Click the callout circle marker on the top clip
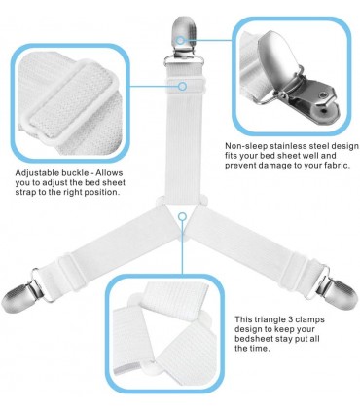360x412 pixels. [x=180, y=40]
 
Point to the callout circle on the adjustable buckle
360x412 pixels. [x=183, y=86]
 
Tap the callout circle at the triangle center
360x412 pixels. [x=183, y=216]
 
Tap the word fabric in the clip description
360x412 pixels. [x=338, y=166]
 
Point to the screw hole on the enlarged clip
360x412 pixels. [x=323, y=94]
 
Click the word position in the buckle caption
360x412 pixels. [x=101, y=192]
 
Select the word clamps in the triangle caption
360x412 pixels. [x=308, y=319]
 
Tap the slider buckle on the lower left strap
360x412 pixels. [x=68, y=267]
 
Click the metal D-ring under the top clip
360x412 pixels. [x=184, y=60]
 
